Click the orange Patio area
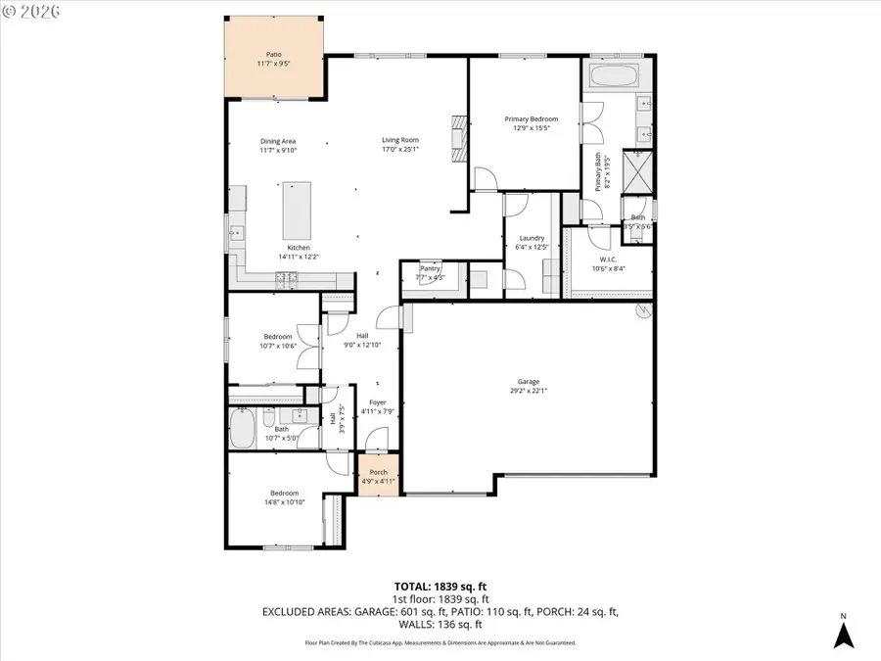275,59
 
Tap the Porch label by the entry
378,473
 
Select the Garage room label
529,382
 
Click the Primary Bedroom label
531,119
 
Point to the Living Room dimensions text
399,150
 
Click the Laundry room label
532,238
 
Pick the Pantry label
431,267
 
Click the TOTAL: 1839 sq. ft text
440,586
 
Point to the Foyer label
377,402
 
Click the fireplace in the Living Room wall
458,130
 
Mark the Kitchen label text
298,248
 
